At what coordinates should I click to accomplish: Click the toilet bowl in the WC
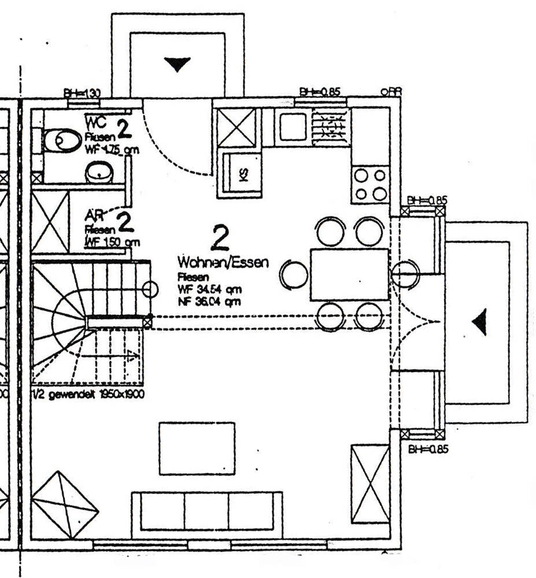coord(62,139)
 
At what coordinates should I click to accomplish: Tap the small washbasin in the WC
coord(99,172)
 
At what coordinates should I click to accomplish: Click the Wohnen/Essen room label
coord(223,262)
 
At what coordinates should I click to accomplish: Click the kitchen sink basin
coord(292,126)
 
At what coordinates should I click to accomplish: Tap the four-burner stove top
coord(371,184)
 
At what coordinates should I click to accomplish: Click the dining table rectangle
coord(349,274)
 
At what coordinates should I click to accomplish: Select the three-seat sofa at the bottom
coord(207,511)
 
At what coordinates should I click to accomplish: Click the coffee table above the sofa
coord(197,448)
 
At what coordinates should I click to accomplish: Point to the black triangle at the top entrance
coord(178,63)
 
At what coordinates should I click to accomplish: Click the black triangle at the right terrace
coord(480,322)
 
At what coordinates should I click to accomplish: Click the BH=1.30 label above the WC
coord(83,92)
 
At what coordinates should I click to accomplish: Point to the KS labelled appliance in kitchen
coord(242,174)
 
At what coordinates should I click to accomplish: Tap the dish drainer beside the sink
coord(330,126)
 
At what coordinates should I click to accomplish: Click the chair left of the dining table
coord(294,274)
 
